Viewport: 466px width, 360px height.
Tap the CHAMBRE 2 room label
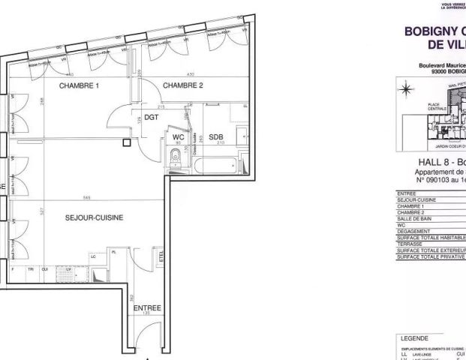(x=184, y=85)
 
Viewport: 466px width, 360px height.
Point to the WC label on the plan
(x=178, y=137)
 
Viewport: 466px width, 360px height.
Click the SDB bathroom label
(x=216, y=137)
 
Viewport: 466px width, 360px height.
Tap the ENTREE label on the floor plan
(x=146, y=308)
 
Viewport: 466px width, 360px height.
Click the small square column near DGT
(x=127, y=141)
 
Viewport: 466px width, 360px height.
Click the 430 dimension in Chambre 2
(x=190, y=74)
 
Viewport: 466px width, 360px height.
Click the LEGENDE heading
(x=417, y=339)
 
